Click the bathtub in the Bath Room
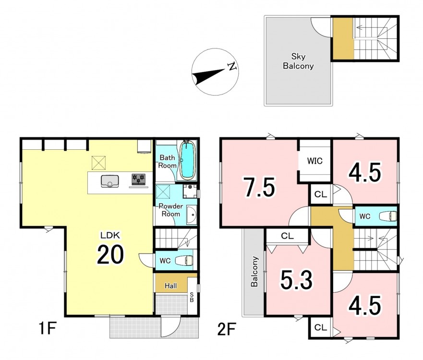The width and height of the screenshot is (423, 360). pos(188,160)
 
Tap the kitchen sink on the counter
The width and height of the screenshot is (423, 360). pos(109,181)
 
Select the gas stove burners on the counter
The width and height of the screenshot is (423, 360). pos(138,179)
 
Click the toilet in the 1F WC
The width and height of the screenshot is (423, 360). pos(184,261)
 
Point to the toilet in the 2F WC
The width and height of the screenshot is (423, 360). pos(388,216)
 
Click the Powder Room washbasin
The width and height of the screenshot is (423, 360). pos(192,215)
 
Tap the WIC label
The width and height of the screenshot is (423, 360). pos(315,161)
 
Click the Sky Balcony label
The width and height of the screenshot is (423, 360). pos(298,61)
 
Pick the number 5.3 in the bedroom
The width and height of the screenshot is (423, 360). pos(297,280)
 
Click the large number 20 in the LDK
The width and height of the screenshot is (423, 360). pos(110,254)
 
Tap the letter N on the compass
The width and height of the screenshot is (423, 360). pos(232,66)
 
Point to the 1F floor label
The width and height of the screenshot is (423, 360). pos(48,328)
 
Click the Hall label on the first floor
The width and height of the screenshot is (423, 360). pos(171,286)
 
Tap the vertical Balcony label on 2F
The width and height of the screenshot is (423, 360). pos(254,271)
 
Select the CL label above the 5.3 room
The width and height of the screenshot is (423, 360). pos(287,236)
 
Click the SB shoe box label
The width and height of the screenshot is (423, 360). pos(192,297)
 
